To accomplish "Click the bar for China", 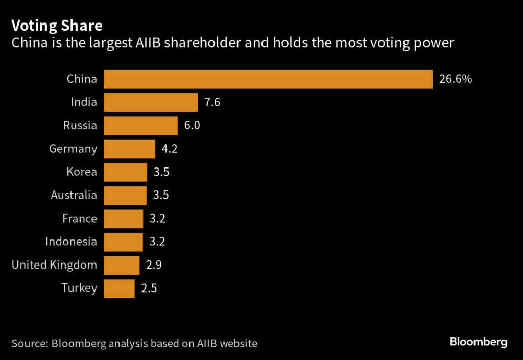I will click(x=268, y=79).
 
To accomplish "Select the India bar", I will click(x=151, y=102).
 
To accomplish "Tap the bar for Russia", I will click(x=140, y=126).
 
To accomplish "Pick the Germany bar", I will click(x=129, y=149).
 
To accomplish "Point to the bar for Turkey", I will click(x=119, y=289).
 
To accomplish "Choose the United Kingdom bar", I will click(x=122, y=265).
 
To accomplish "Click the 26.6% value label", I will click(x=456, y=79).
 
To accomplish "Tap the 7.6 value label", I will click(x=212, y=102).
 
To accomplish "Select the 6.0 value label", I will click(x=192, y=126).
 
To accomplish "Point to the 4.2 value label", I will click(x=169, y=149).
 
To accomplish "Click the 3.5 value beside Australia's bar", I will click(x=161, y=195).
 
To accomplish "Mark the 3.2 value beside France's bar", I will click(x=157, y=219).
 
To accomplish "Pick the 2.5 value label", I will click(x=149, y=289).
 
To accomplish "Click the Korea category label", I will click(x=82, y=172).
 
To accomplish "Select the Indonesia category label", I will click(x=71, y=242).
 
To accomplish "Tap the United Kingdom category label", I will click(x=54, y=265).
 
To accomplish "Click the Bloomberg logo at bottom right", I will click(x=479, y=342).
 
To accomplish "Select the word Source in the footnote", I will click(x=29, y=343).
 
